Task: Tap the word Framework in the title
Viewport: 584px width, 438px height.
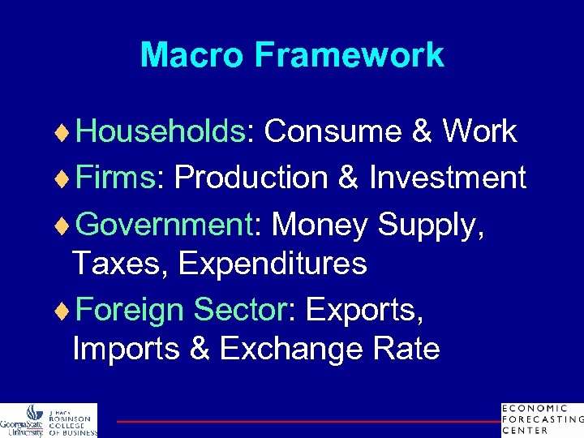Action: coord(349,55)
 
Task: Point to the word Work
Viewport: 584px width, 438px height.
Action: coord(479,131)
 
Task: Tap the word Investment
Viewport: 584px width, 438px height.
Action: coord(448,177)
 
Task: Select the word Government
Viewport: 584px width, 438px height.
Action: coord(166,224)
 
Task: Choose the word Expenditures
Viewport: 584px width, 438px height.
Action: coord(273,264)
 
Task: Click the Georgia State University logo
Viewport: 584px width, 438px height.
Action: coord(49,420)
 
